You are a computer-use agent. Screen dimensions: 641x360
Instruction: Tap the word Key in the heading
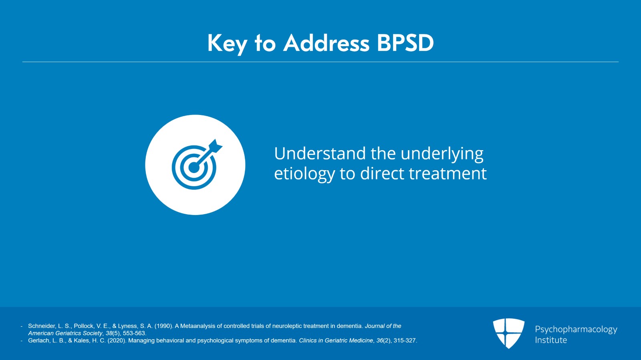(227, 44)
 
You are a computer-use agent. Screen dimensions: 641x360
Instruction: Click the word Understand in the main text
(320, 153)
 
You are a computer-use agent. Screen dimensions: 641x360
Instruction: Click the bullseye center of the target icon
(194, 168)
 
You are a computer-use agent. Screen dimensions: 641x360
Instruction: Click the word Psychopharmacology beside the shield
(576, 330)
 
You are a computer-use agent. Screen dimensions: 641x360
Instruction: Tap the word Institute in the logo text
(551, 340)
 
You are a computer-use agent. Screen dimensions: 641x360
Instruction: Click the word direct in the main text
(382, 173)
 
